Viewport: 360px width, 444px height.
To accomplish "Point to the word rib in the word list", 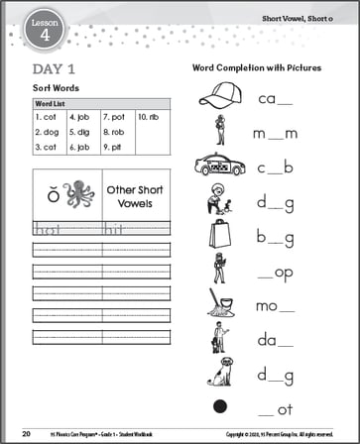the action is pos(152,115).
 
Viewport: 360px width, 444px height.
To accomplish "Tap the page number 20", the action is pos(26,433).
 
